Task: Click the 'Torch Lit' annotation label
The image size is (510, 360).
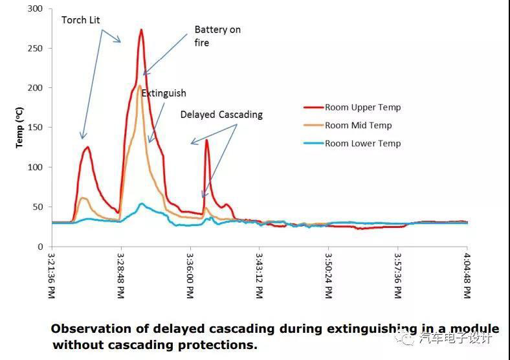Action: (81, 20)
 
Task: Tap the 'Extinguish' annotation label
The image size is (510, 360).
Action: (164, 93)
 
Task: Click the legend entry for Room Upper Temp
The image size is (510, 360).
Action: (363, 107)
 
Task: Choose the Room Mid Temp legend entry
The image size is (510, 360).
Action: (358, 126)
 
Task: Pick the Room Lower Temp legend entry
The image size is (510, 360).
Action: (363, 143)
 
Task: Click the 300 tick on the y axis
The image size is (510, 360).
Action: (36, 8)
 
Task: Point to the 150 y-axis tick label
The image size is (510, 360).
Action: (36, 128)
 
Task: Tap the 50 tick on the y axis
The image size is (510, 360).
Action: (38, 207)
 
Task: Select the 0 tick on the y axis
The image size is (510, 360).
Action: (41, 247)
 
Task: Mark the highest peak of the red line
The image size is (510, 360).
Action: (141, 30)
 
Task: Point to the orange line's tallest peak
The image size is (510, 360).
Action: (139, 85)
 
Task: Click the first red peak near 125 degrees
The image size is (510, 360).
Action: (87, 147)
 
